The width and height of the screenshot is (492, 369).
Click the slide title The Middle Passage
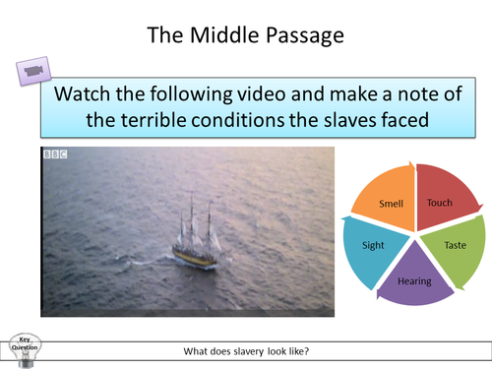[245, 35]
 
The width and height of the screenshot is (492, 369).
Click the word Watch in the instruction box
[88, 95]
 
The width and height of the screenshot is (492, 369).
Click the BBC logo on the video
[54, 154]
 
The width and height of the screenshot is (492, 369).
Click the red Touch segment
[440, 202]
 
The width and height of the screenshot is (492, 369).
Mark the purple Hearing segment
[414, 279]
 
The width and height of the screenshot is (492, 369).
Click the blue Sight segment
[373, 244]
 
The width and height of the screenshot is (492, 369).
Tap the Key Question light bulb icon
[23, 347]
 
